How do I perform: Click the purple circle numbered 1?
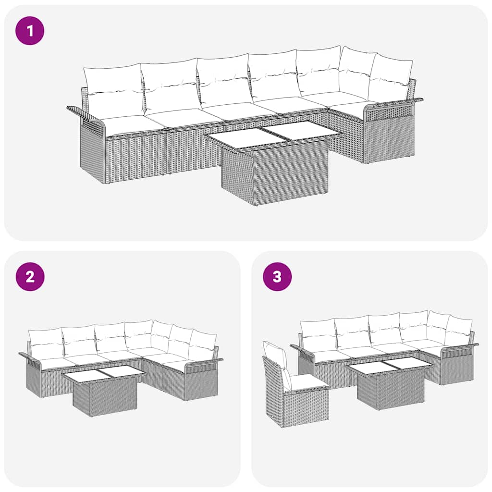[x=30, y=31]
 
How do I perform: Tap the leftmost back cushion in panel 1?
[x=113, y=90]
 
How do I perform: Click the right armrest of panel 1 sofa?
[x=394, y=103]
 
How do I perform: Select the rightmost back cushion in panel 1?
[x=390, y=78]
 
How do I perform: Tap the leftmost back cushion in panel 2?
[x=45, y=343]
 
